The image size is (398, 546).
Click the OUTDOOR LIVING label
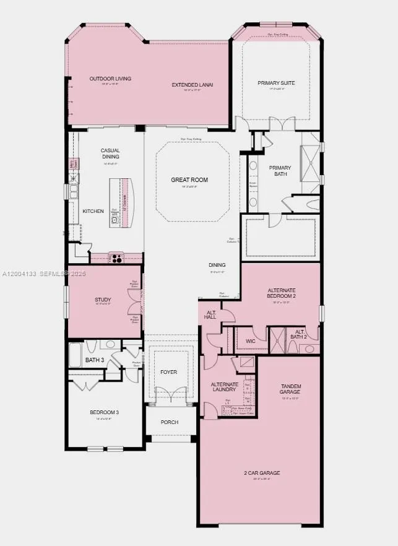point(103,79)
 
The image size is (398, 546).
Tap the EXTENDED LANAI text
point(193,84)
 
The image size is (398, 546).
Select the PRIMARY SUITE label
point(276,82)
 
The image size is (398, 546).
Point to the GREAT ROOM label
point(189,180)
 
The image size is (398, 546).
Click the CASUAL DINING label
point(110,153)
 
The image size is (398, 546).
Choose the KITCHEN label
point(93,211)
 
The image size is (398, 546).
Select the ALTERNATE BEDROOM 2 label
point(282,293)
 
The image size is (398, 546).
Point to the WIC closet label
point(250,340)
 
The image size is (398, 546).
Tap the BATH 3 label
point(95,360)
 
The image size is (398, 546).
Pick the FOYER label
point(168,372)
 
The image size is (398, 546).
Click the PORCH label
point(169,422)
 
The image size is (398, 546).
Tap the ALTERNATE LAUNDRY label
point(224,387)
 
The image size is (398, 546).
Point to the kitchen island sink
point(115,219)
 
